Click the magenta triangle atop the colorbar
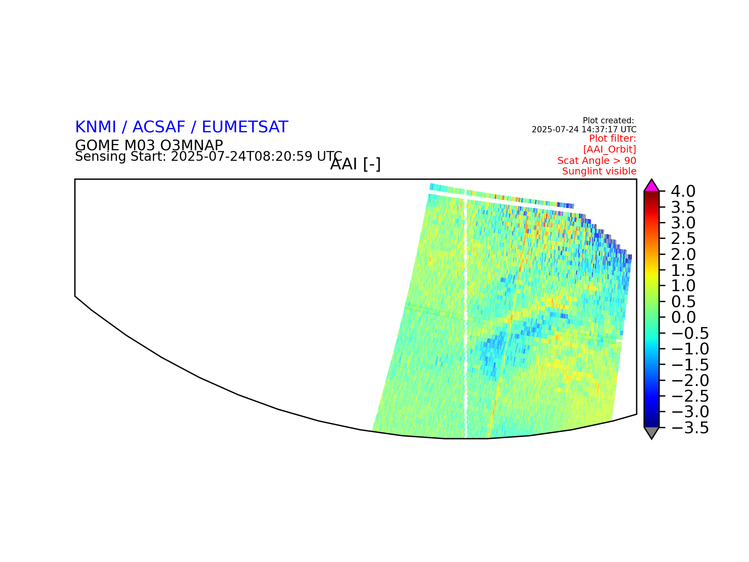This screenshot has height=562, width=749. click(x=651, y=186)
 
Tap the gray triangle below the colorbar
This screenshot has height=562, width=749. click(x=651, y=432)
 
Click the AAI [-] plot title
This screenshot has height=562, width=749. click(x=355, y=164)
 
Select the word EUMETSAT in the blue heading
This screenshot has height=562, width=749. click(x=245, y=127)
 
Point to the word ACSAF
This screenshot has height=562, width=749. click(x=159, y=127)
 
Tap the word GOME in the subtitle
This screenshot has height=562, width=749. click(x=97, y=145)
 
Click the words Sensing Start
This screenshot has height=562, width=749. click(x=120, y=157)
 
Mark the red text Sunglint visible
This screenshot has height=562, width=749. click(x=599, y=171)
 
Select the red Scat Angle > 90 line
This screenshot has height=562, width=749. click(x=597, y=161)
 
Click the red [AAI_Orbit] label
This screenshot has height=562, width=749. click(x=610, y=149)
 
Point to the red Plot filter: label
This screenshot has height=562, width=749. click(x=612, y=139)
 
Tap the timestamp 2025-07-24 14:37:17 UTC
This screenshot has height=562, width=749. click(x=584, y=130)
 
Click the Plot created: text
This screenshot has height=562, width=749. click(x=608, y=121)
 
